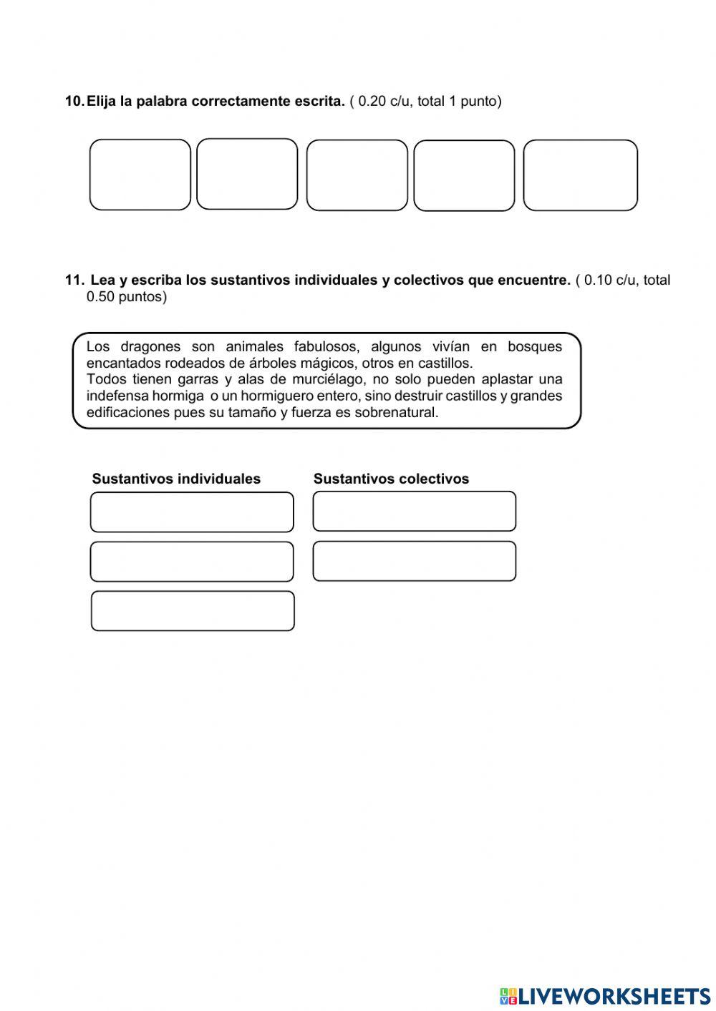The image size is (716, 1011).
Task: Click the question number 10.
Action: [74, 102]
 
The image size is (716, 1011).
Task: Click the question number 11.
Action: [74, 280]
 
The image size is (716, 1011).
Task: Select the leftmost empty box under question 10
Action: [140, 175]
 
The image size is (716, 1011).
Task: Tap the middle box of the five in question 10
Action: [357, 175]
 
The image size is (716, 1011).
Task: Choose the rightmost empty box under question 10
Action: [580, 175]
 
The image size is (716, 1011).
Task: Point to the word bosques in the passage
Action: [535, 347]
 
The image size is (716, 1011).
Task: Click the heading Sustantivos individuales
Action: [176, 479]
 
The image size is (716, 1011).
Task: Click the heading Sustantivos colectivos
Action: [391, 479]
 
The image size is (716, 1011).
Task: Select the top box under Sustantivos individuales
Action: [192, 512]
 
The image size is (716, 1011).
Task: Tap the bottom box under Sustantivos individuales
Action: [193, 611]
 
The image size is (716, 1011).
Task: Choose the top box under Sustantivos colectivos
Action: [414, 512]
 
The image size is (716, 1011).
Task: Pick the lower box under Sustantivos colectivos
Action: [414, 561]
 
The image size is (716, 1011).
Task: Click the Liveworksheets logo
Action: [604, 996]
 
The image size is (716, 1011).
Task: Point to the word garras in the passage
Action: [198, 379]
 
